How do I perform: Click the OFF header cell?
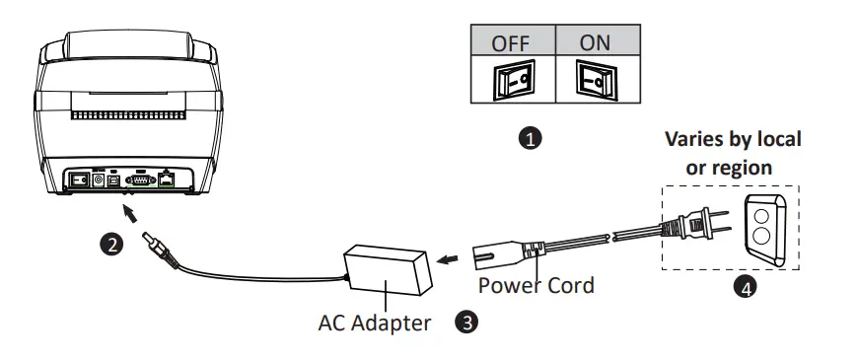click(x=511, y=44)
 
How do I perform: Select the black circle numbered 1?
click(x=530, y=139)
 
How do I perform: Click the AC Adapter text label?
click(x=374, y=323)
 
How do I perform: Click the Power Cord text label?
click(x=536, y=286)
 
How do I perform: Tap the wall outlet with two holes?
click(x=762, y=230)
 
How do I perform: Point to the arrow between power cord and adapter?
click(x=450, y=260)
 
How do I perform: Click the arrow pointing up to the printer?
click(x=131, y=208)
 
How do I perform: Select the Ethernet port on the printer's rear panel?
click(x=169, y=180)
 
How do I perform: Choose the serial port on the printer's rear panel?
click(x=140, y=180)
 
